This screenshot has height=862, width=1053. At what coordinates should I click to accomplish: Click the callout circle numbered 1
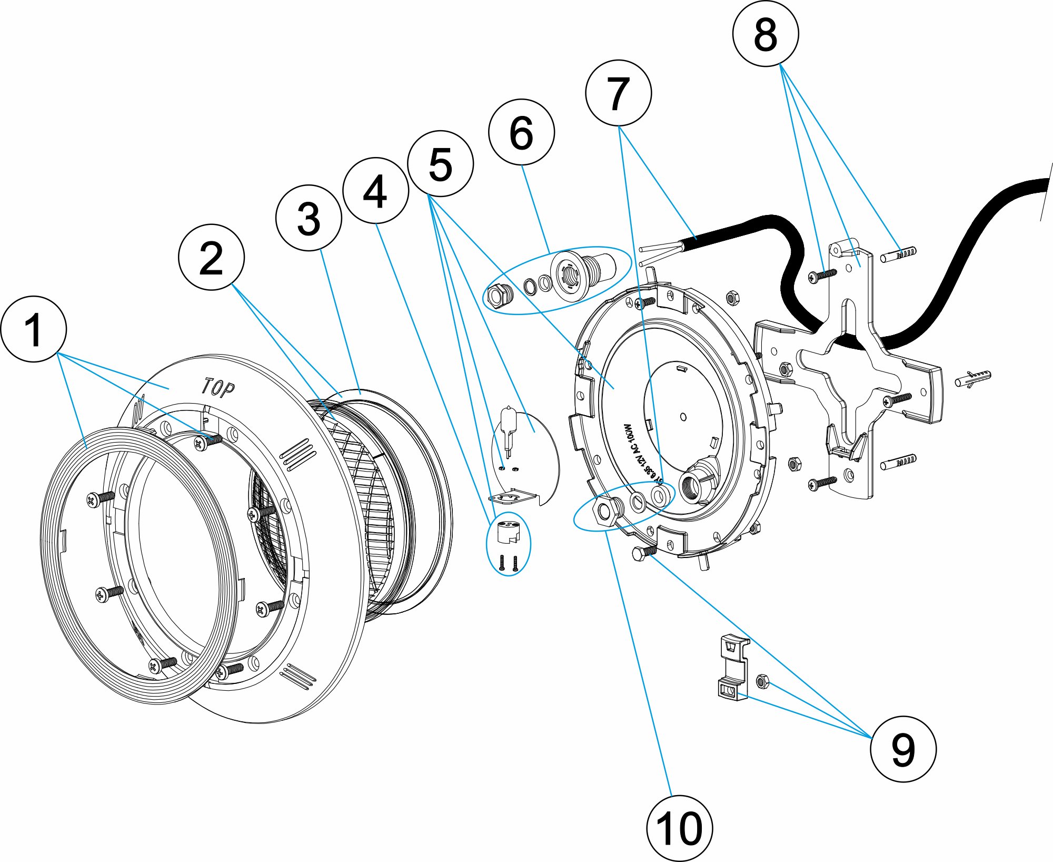click(x=34, y=329)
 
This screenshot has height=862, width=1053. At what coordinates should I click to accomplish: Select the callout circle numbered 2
click(x=211, y=257)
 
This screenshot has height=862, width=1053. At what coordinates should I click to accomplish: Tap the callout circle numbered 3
click(x=309, y=218)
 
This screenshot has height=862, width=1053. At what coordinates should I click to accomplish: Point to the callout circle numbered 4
click(x=375, y=191)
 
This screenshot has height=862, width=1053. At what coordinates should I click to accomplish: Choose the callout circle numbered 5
click(x=441, y=164)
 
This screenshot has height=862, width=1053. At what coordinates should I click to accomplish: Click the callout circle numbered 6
click(x=521, y=132)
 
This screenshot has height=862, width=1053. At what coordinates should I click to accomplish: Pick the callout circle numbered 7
click(x=618, y=93)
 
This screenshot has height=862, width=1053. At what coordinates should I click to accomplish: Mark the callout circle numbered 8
click(x=766, y=34)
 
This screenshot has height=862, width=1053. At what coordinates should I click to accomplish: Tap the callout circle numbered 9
click(x=903, y=749)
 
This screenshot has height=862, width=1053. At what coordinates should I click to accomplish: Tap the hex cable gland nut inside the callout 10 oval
click(x=604, y=510)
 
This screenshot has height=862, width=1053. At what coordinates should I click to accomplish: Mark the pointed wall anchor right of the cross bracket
click(x=972, y=378)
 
